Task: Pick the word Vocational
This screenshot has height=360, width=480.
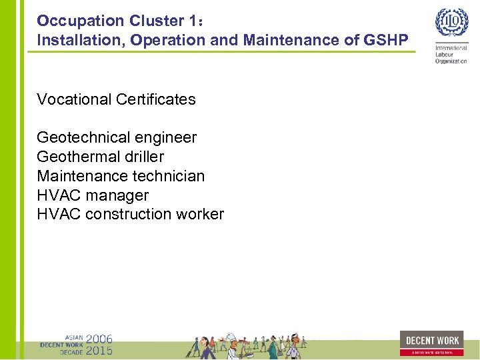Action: coord(74,99)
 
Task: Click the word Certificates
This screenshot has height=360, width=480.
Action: coord(155,99)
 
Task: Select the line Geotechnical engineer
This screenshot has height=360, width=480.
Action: coord(117,138)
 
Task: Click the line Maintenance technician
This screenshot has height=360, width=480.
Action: coord(121,176)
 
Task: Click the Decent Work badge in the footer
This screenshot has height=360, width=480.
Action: coord(432,343)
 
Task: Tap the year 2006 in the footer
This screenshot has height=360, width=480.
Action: coord(99,339)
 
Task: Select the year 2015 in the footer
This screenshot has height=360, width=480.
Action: coord(99,350)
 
